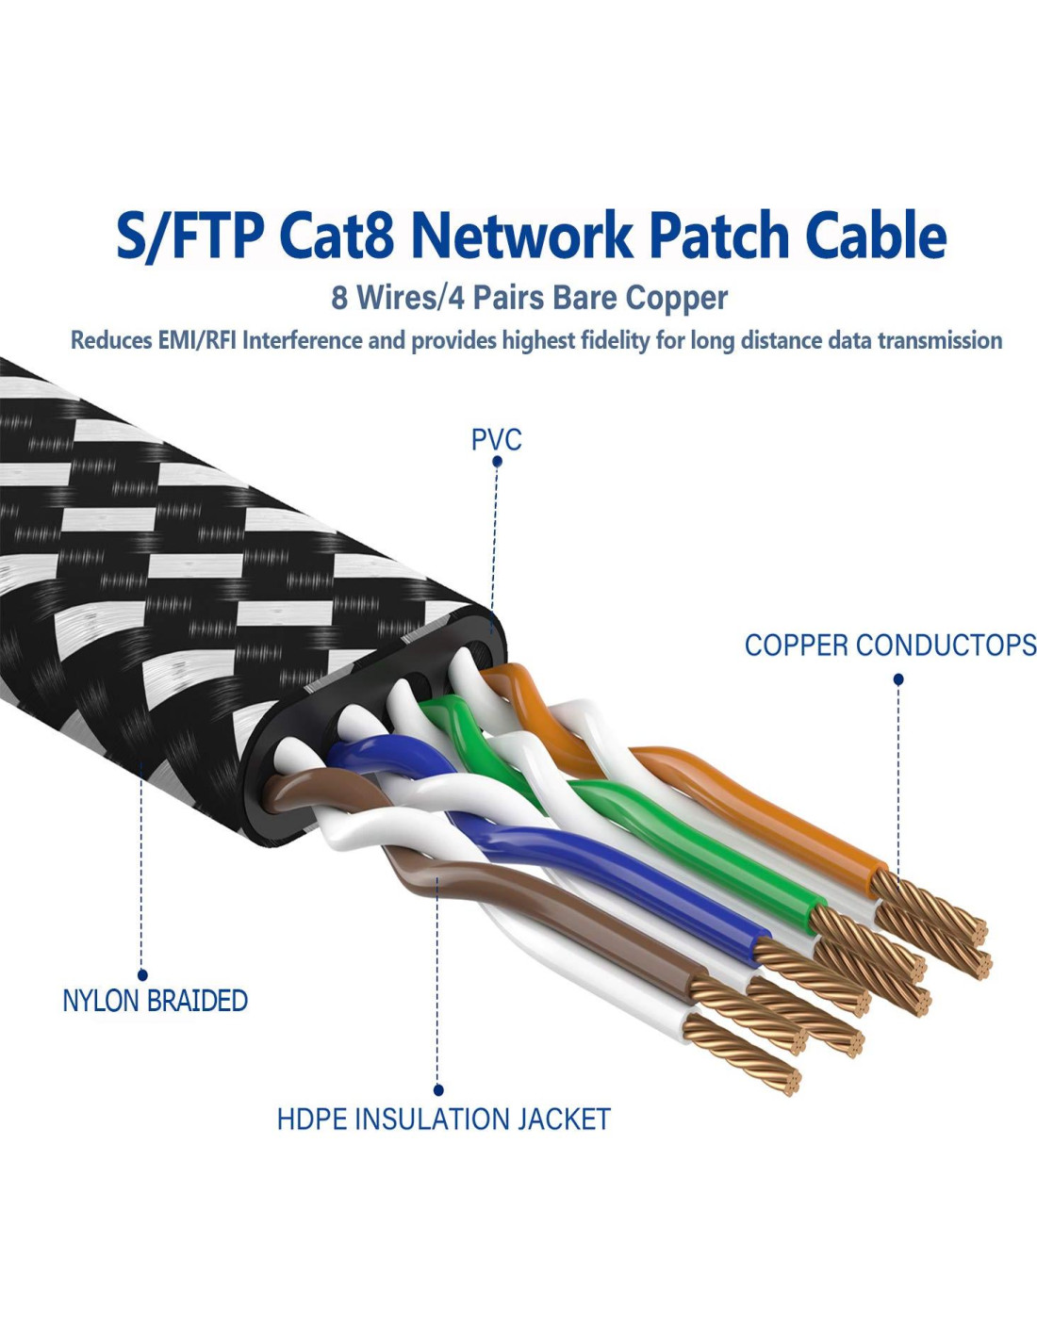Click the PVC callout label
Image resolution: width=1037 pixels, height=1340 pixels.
tap(496, 439)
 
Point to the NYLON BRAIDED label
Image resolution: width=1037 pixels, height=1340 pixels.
tap(155, 1001)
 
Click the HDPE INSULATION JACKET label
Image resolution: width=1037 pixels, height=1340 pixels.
tap(443, 1119)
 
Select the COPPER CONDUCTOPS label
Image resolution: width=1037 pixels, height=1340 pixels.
tap(890, 645)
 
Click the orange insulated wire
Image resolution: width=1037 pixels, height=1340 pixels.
tap(754, 801)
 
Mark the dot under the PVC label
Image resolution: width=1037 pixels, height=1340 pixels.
tap(497, 462)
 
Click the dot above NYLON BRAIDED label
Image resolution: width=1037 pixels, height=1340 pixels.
tap(142, 975)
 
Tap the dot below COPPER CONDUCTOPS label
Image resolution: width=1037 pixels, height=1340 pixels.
tap(898, 678)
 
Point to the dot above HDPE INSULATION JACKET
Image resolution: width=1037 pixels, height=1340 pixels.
tap(438, 1090)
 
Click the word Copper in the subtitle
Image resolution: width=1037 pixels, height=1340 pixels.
tap(677, 298)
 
